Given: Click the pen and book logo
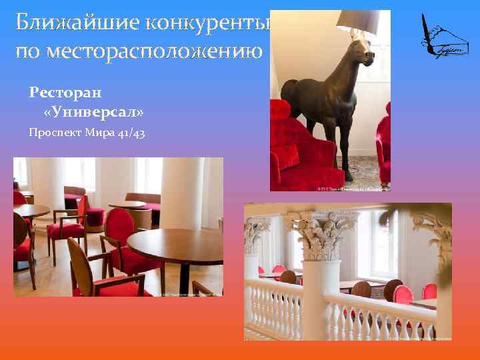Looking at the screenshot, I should pos(443,37).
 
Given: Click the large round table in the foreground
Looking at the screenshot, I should pos(177,243).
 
